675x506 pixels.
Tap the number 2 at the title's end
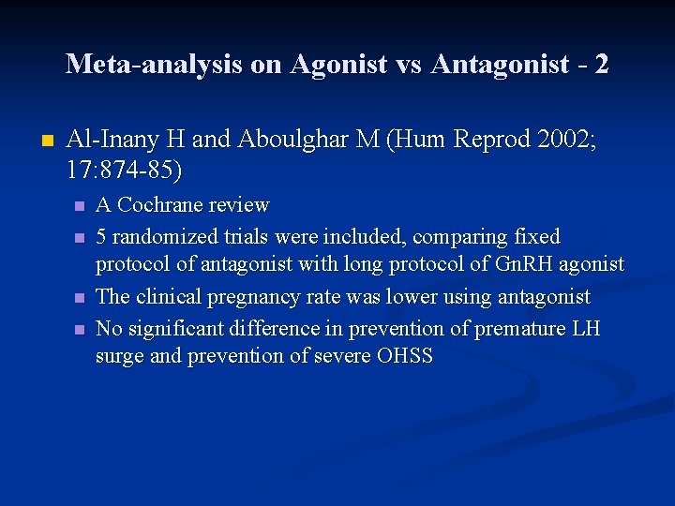(601, 64)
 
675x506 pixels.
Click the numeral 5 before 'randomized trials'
(101, 236)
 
